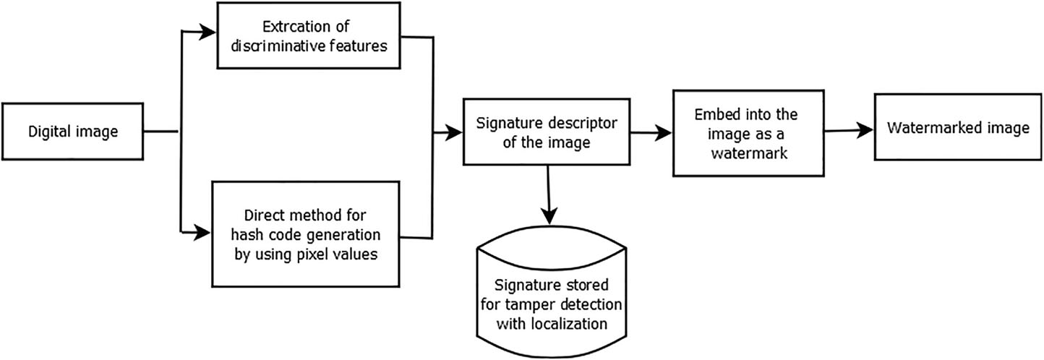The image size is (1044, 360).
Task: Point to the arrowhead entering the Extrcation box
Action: pyautogui.click(x=210, y=32)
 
